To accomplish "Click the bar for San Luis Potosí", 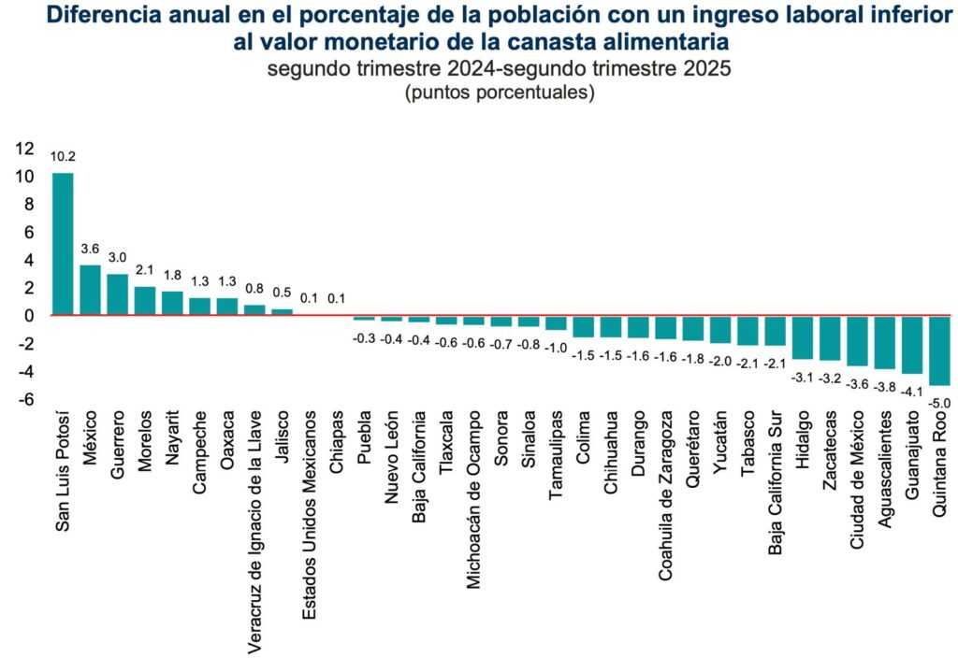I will point(63,244).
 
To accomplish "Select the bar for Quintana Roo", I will point(941,350).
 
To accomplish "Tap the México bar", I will point(90,290).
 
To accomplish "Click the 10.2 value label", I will point(63,156).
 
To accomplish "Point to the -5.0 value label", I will point(941,403).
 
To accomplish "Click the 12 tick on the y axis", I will point(24,149).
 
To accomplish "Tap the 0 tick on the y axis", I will point(31,316).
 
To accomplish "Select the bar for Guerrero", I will point(118,294).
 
